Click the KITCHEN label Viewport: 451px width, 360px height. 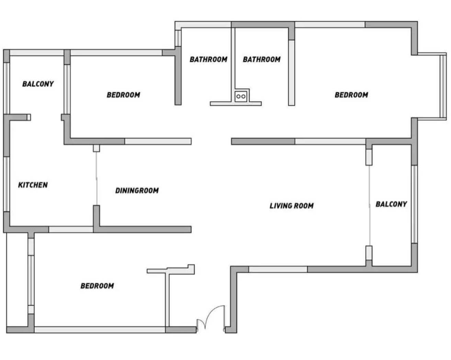33,185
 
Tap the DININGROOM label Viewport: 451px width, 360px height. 137,190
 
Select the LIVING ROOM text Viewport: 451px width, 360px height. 292,206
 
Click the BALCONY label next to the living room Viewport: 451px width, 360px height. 391,204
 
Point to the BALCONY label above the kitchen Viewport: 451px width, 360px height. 38,84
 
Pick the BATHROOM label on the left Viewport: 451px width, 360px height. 208,59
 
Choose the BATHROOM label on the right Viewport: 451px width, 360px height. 262,59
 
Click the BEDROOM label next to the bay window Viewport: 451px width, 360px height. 351,95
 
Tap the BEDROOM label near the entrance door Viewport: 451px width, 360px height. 97,286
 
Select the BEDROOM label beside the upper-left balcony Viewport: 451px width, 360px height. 123,95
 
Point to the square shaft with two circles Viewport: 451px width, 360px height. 241,97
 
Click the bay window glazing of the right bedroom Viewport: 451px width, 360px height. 442,86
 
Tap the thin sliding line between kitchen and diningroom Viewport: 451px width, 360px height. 97,178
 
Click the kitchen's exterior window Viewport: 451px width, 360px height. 7,184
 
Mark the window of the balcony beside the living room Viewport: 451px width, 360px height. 414,204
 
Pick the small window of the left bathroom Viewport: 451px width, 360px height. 178,38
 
